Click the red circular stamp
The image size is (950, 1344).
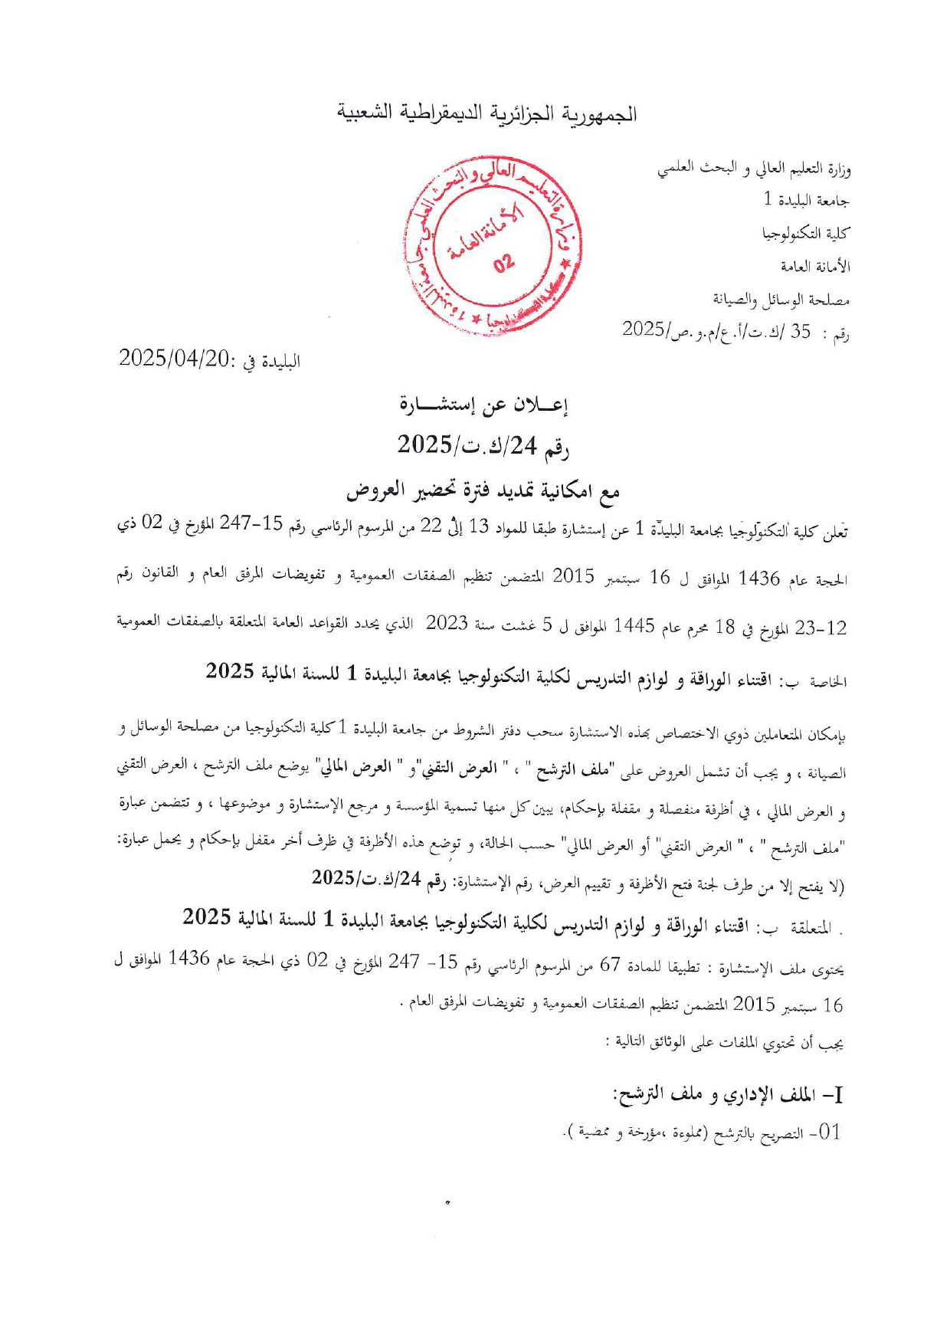(491, 246)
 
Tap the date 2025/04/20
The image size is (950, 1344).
(175, 359)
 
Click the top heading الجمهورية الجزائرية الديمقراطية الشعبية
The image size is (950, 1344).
(488, 114)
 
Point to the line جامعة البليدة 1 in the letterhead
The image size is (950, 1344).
(807, 201)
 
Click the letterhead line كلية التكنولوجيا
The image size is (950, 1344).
(806, 234)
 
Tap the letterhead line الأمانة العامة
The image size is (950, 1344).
(815, 267)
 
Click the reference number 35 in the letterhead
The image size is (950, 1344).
(800, 332)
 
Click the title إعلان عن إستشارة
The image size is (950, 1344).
(483, 405)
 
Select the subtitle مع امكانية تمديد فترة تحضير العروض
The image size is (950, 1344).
(483, 491)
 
